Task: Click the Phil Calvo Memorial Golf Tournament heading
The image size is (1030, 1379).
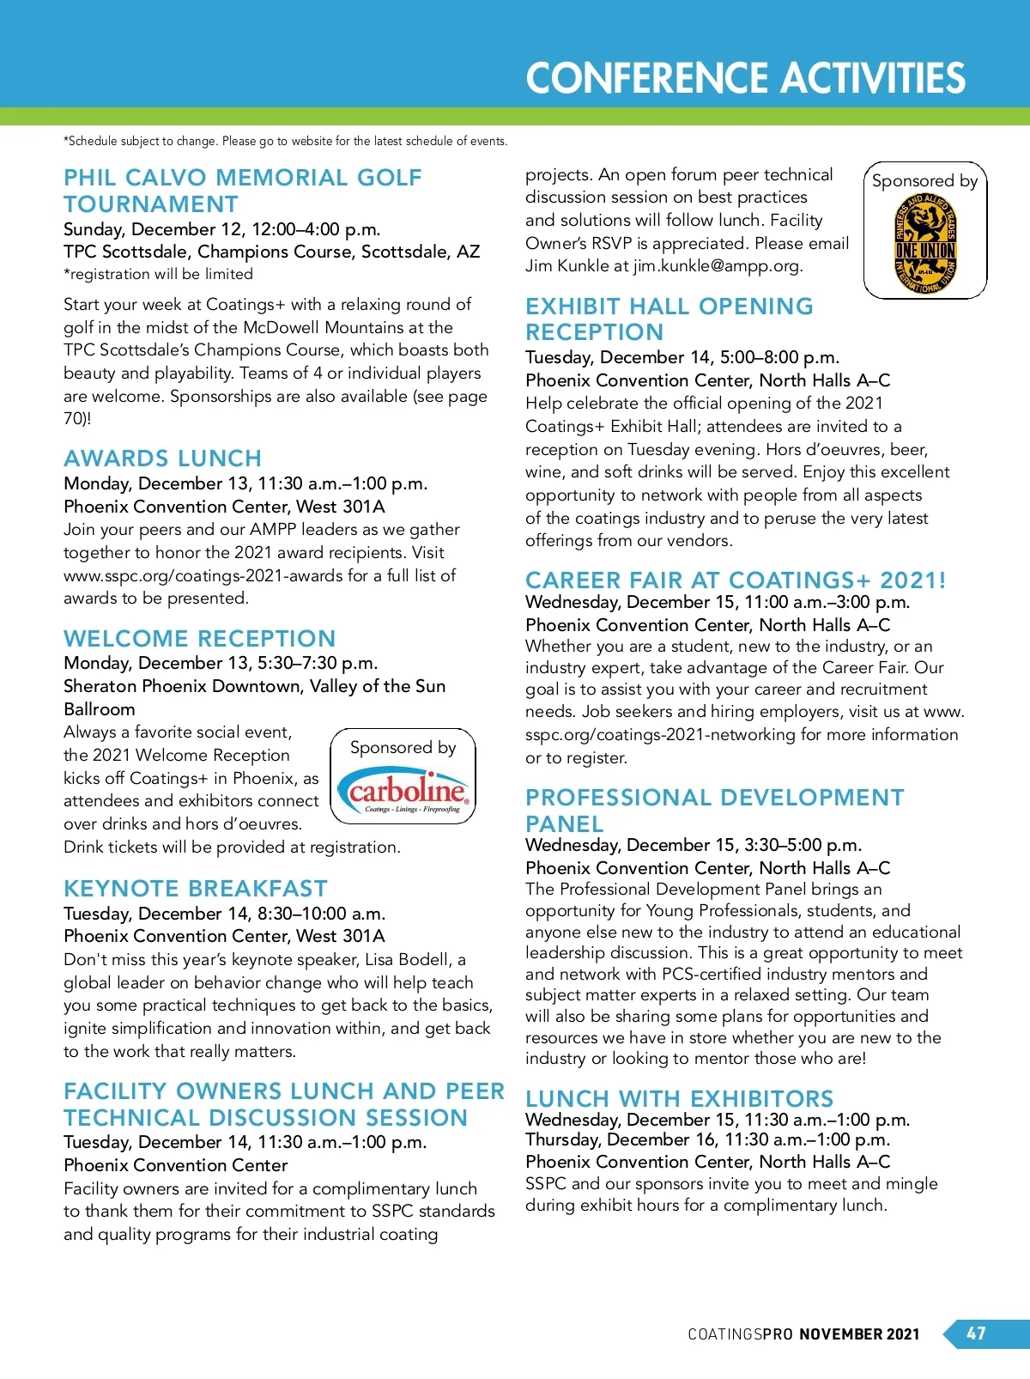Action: (x=243, y=191)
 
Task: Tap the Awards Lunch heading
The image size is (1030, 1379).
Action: (x=162, y=459)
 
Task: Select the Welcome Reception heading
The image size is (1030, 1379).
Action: (x=199, y=639)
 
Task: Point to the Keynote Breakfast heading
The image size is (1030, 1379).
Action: (x=196, y=889)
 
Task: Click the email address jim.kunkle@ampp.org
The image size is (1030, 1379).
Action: (x=718, y=266)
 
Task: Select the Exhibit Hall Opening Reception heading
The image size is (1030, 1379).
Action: (x=669, y=319)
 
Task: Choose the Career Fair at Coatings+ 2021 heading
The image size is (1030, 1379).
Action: (x=736, y=580)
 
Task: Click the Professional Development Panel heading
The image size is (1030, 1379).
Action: (x=714, y=810)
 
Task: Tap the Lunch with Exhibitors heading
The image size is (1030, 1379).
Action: (x=679, y=1099)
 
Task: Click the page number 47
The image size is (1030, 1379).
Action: (x=976, y=1333)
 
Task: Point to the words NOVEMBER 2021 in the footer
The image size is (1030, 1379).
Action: (x=859, y=1334)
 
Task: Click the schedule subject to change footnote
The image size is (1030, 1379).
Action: (x=285, y=141)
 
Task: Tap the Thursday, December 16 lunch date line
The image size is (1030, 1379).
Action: (x=707, y=1140)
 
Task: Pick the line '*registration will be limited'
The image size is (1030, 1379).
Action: (x=158, y=274)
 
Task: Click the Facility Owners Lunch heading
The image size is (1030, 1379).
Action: (x=283, y=1104)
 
